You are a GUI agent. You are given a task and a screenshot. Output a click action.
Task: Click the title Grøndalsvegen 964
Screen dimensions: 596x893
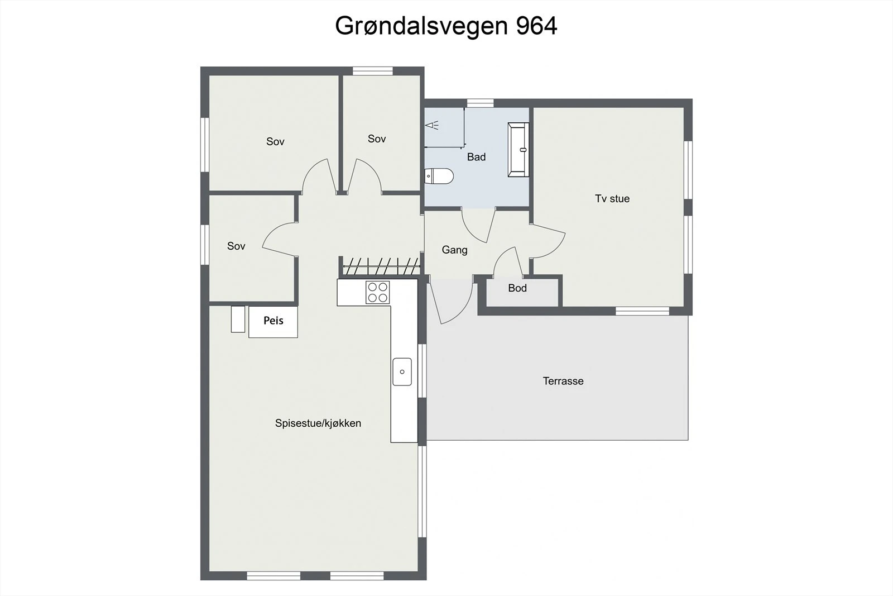[446, 26]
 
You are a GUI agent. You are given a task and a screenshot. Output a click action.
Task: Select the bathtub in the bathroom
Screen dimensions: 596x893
[518, 150]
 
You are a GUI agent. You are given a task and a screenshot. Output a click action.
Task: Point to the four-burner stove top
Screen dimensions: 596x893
[378, 292]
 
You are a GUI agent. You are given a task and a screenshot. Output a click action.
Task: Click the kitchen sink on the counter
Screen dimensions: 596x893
[402, 371]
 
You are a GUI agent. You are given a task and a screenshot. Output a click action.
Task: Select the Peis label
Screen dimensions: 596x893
[273, 321]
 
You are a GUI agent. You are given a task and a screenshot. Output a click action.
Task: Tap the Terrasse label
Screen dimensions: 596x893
[563, 381]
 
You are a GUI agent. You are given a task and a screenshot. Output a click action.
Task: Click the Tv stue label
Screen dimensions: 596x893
[612, 198]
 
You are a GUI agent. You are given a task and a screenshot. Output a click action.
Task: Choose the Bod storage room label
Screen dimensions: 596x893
[517, 288]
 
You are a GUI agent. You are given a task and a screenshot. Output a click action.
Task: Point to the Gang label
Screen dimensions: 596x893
[454, 250]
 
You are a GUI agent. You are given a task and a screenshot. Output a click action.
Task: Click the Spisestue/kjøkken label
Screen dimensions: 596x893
[318, 423]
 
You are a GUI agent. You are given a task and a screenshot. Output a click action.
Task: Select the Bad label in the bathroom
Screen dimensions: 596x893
[476, 157]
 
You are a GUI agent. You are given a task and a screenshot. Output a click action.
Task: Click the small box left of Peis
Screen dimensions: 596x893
[238, 319]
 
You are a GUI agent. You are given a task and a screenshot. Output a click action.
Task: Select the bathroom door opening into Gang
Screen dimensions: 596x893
[478, 223]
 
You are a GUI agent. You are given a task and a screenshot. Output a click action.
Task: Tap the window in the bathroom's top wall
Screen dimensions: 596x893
[480, 103]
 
